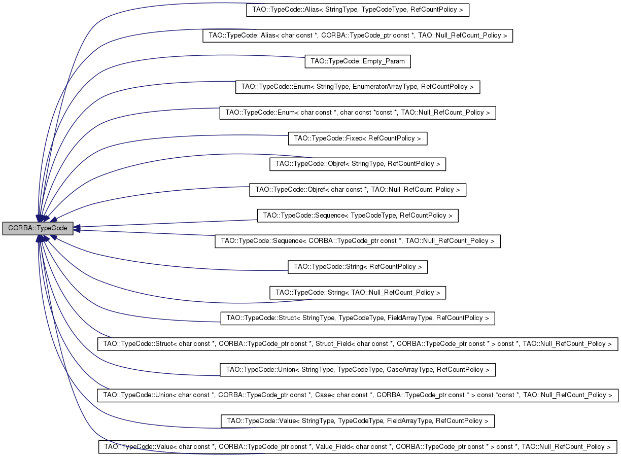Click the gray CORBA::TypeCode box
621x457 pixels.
coord(38,228)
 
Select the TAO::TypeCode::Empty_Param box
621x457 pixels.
coord(357,61)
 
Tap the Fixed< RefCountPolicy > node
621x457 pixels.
coord(357,138)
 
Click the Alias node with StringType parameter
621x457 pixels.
coord(357,10)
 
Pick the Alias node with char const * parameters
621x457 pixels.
coord(357,36)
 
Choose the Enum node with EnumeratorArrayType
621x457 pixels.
coord(357,87)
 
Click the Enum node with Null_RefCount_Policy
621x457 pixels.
coord(357,113)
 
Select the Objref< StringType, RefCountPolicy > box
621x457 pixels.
coord(357,164)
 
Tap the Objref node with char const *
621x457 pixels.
coord(357,190)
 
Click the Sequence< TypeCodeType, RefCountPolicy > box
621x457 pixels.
coord(357,216)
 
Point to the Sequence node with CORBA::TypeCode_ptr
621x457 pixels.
coord(357,241)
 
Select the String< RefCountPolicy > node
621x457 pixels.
coord(357,267)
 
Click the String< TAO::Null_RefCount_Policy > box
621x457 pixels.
coord(357,293)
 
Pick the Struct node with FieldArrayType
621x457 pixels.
coord(357,318)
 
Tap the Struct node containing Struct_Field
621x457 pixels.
coord(357,344)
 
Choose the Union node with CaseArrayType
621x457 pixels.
coord(357,370)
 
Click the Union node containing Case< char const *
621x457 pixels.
coord(357,395)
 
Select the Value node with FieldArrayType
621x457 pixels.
coord(357,421)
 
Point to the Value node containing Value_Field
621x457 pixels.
coord(357,447)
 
